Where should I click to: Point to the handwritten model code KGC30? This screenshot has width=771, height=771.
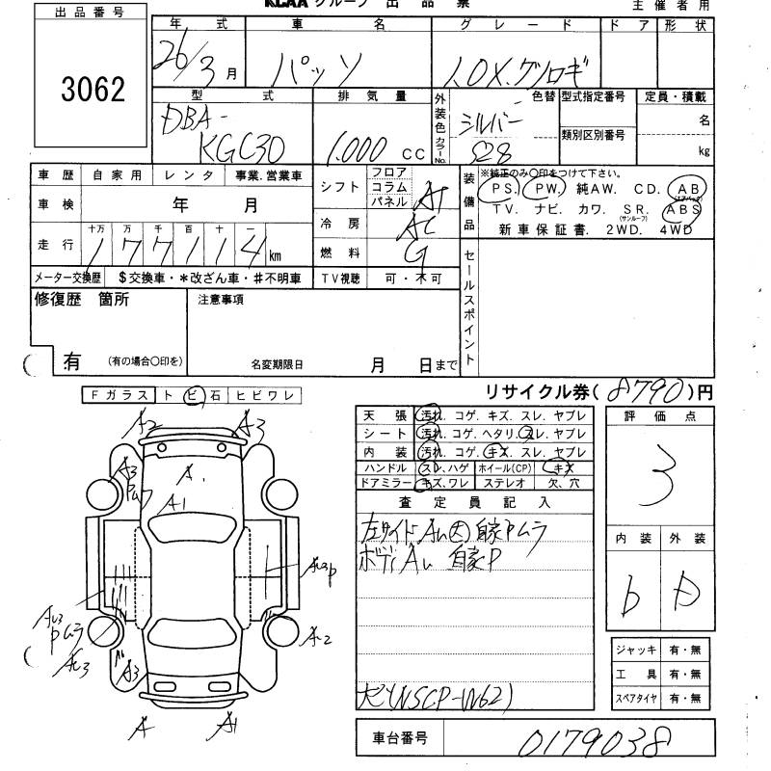232,145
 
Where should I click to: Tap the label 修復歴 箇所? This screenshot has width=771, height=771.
82,300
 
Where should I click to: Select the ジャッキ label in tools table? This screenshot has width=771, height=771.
633,651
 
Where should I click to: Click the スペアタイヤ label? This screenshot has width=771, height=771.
633,697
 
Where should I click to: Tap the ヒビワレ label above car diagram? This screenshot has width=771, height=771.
276,394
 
